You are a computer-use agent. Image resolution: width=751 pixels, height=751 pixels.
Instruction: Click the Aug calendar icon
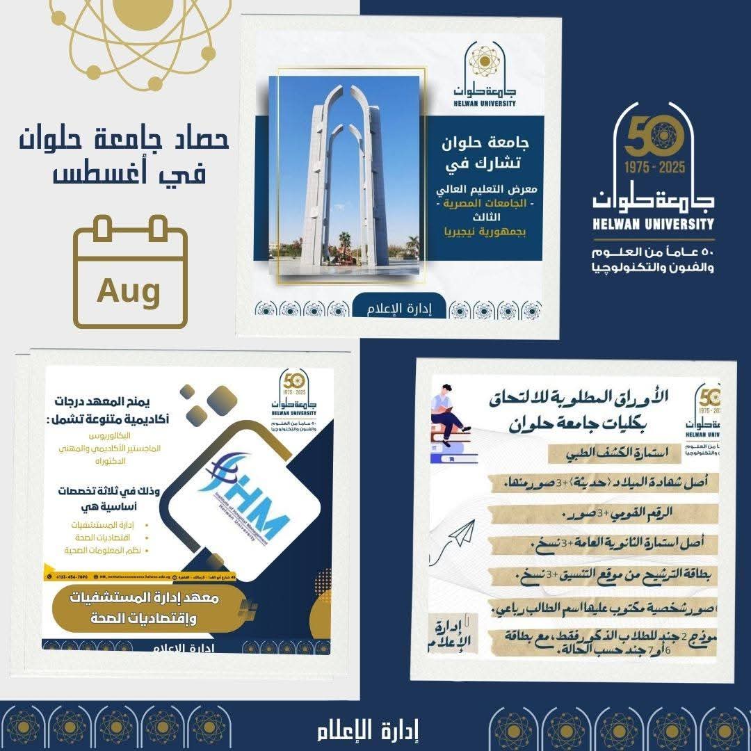(x=131, y=273)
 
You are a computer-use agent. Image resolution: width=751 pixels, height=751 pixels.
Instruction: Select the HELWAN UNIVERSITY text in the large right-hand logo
(x=654, y=224)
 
